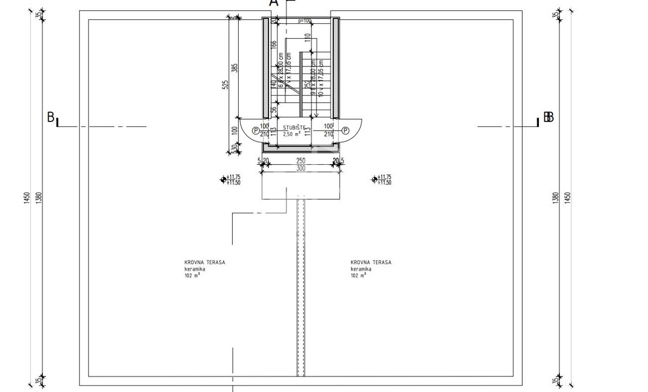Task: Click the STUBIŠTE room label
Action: [x=294, y=127]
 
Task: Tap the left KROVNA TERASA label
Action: [x=205, y=262]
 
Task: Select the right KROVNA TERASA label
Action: [x=371, y=262]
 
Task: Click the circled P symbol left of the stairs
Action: [x=255, y=131]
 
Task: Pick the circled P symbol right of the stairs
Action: [x=346, y=131]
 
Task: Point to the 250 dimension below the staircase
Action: [x=301, y=161]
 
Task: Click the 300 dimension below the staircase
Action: [x=301, y=168]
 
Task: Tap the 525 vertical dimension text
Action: [x=226, y=85]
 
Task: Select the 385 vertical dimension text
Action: [x=234, y=68]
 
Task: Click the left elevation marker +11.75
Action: [x=233, y=177]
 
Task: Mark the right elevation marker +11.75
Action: [x=384, y=177]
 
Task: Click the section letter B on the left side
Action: [x=51, y=117]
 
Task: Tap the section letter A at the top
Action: [x=274, y=3]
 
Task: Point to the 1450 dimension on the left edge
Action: [x=26, y=198]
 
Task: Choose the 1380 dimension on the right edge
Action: [x=556, y=198]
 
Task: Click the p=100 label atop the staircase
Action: [x=305, y=21]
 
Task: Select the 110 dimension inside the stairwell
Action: [x=307, y=38]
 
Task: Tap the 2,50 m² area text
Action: [x=294, y=133]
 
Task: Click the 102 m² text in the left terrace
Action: [x=192, y=275]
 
